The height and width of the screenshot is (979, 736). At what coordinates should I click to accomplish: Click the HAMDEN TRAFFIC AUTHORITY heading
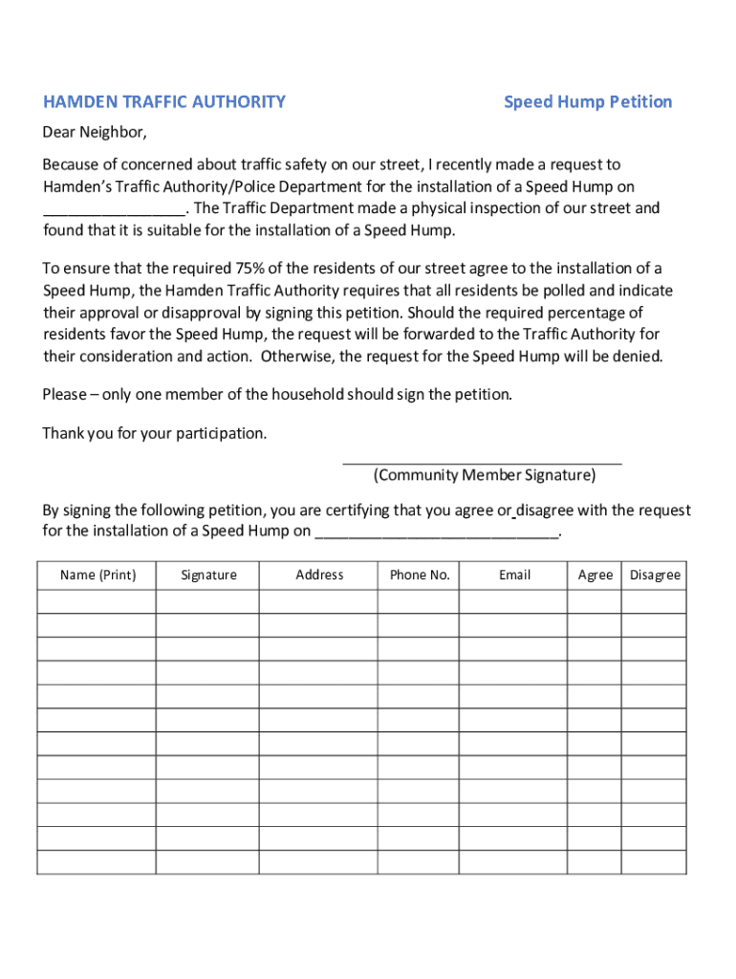click(x=163, y=101)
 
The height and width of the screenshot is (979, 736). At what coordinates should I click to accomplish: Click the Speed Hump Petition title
click(x=588, y=101)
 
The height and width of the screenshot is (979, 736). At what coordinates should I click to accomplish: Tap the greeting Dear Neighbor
click(x=95, y=131)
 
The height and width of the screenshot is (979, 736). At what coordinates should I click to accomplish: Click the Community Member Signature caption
click(x=484, y=475)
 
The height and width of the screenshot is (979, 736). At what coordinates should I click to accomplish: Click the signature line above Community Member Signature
click(x=482, y=463)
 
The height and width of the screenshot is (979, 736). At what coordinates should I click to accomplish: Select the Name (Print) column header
click(x=97, y=575)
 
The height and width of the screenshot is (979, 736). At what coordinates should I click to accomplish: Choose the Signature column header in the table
click(x=208, y=575)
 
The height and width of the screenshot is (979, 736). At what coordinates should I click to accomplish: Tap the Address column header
click(x=319, y=575)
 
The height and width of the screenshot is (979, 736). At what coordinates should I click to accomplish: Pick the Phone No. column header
click(x=420, y=575)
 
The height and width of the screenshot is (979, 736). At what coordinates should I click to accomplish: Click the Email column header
click(x=514, y=575)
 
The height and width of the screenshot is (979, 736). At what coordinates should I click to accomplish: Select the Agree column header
click(x=595, y=575)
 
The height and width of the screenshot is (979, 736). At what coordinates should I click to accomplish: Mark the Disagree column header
click(x=655, y=575)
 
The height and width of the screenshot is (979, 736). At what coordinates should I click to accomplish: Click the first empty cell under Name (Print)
click(x=97, y=601)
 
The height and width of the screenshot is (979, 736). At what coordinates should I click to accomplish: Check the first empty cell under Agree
click(x=595, y=601)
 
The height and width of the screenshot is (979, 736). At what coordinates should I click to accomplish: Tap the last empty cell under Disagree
click(x=655, y=862)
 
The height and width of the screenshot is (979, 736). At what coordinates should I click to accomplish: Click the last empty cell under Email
click(x=514, y=862)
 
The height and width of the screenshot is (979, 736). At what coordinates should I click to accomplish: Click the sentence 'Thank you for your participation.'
click(x=155, y=433)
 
